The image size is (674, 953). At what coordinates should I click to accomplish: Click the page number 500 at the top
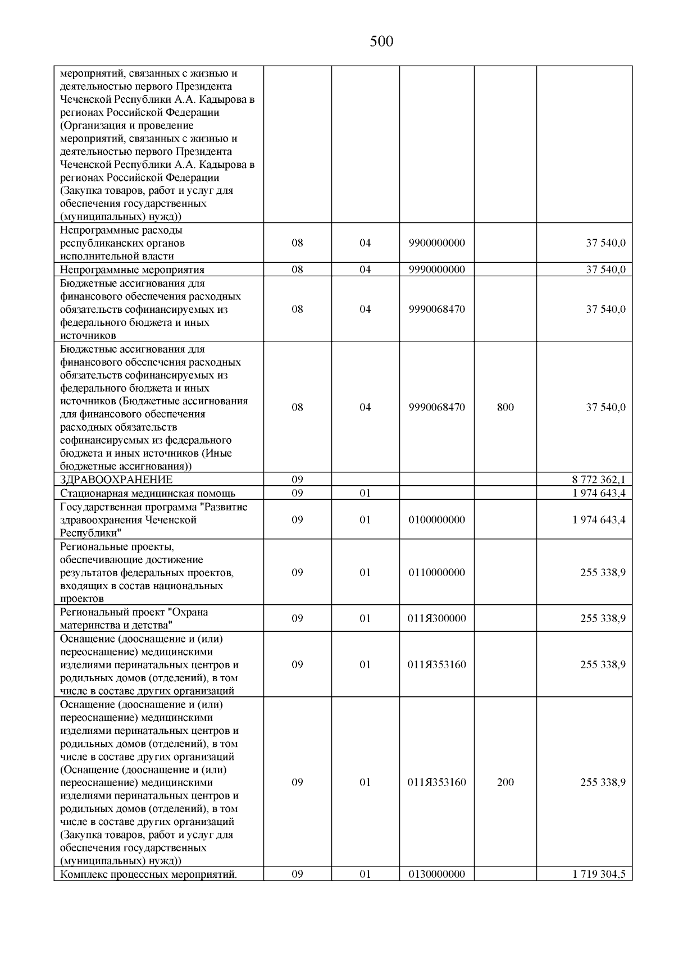click(x=381, y=42)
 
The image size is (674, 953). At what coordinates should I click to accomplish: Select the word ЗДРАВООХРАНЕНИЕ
click(x=116, y=480)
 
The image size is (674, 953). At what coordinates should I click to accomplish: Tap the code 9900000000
click(x=437, y=243)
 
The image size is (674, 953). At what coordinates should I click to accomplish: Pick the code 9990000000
click(x=437, y=270)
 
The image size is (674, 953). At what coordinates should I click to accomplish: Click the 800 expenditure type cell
click(x=505, y=407)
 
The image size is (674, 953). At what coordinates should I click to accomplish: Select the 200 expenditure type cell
click(x=505, y=782)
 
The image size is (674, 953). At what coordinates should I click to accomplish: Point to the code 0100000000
click(x=437, y=520)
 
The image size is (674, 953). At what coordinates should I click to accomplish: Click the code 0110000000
click(x=437, y=573)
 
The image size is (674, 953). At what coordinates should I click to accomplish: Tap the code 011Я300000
click(x=437, y=619)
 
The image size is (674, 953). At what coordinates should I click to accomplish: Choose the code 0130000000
click(x=437, y=874)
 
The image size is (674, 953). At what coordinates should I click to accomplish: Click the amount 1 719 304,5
click(x=599, y=874)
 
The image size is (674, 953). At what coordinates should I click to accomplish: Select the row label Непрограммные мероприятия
click(x=132, y=270)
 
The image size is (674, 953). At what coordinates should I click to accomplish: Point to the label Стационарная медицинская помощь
click(x=148, y=494)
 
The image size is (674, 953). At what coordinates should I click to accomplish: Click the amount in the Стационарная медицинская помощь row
click(x=599, y=494)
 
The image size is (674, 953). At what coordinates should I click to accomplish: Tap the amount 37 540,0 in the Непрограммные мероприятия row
click(x=605, y=270)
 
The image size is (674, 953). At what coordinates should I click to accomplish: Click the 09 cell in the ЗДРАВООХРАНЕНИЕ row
click(x=297, y=480)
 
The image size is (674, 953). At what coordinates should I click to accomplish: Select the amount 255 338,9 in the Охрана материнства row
click(x=603, y=619)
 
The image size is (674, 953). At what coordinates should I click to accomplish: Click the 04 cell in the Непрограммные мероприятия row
click(x=365, y=270)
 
